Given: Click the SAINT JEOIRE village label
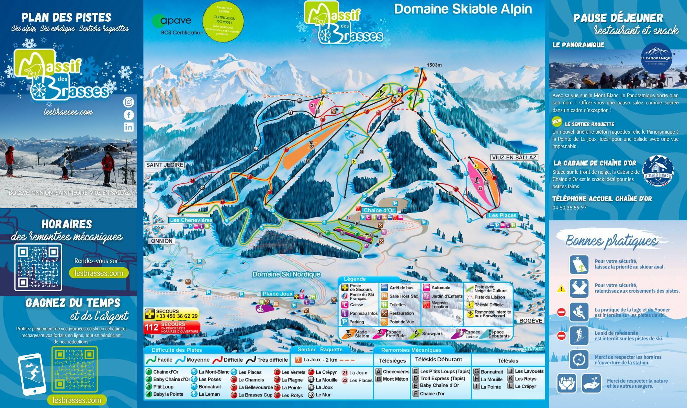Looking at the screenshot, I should (165, 165).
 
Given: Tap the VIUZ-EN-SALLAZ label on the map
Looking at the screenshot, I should (514, 158).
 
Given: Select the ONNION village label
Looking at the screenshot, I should (162, 241).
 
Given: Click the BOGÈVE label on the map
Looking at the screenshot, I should (531, 320).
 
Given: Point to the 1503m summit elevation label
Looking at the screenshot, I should (434, 65).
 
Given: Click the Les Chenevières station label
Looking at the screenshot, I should (191, 220).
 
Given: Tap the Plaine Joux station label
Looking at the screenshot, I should (278, 294).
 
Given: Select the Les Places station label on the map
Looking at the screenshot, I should (502, 215).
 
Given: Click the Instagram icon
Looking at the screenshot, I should (128, 102).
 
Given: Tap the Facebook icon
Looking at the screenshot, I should (128, 115).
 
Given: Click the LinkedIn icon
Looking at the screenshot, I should (128, 127).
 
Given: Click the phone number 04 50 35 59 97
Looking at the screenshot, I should (570, 208).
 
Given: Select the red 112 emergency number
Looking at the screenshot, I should (151, 327).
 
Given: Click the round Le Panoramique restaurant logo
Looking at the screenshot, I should (656, 58).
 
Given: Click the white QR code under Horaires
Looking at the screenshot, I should (38, 267).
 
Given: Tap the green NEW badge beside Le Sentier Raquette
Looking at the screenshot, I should (557, 121).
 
